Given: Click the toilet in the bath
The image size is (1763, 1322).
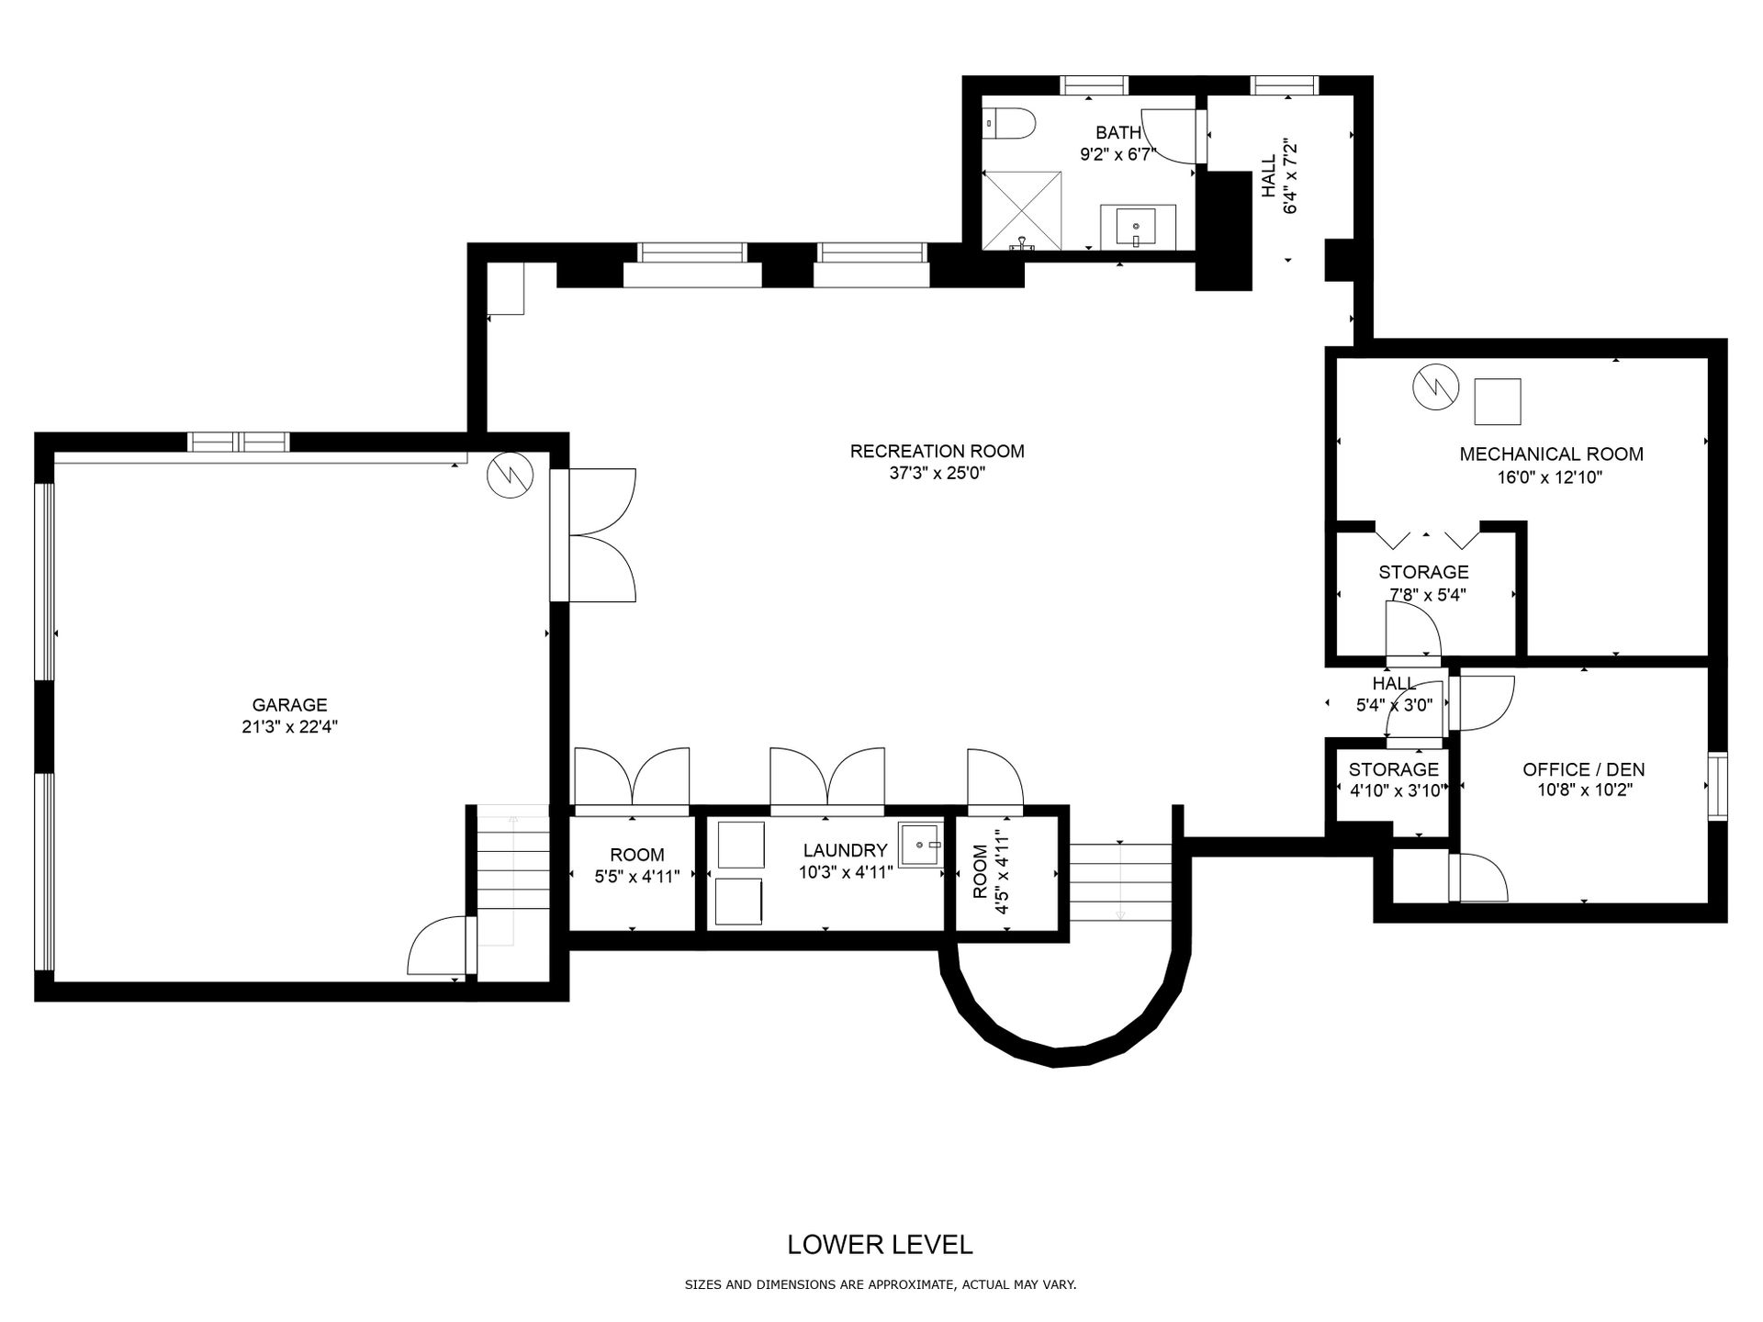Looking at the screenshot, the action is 1009,121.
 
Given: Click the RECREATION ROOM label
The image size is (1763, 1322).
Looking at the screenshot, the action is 937,451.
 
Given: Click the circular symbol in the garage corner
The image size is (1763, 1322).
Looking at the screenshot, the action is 508,475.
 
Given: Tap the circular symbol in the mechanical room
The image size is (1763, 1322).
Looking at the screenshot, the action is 1435,387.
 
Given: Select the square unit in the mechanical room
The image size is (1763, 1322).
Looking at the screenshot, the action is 1498,401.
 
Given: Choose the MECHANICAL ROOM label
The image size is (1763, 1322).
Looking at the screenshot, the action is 1551,454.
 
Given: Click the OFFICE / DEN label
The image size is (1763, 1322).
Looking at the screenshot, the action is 1584,769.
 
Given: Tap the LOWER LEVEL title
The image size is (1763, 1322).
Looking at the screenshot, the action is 881,1245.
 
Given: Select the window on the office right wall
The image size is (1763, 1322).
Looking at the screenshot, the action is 1717,787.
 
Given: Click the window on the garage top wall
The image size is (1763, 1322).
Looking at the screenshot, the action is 239,442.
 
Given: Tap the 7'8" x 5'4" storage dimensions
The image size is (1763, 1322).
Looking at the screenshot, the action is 1427,594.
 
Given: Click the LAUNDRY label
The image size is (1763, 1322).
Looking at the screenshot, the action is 845,850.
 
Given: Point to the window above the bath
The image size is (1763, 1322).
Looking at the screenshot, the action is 1094,85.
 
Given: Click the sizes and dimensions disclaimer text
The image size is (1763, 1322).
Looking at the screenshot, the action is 881,1285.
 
